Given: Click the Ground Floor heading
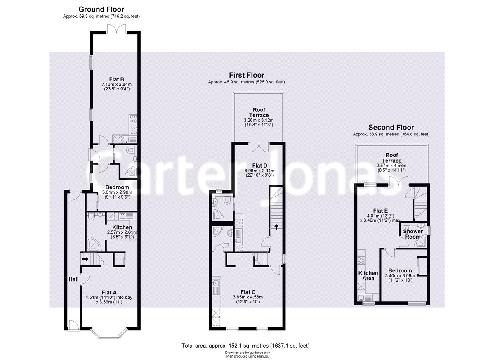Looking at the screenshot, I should click(x=101, y=9).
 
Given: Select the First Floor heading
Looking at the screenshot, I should click(x=247, y=75).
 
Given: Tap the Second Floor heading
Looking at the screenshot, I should click(x=391, y=127).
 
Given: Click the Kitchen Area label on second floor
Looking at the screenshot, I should click(x=368, y=276).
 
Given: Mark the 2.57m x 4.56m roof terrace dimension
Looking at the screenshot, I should click(x=391, y=164).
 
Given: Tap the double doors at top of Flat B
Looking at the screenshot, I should click(x=117, y=29).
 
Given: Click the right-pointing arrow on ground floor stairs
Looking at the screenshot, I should click(x=85, y=259).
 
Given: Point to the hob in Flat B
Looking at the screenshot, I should click(x=134, y=119).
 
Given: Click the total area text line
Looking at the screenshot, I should click(x=245, y=346).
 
